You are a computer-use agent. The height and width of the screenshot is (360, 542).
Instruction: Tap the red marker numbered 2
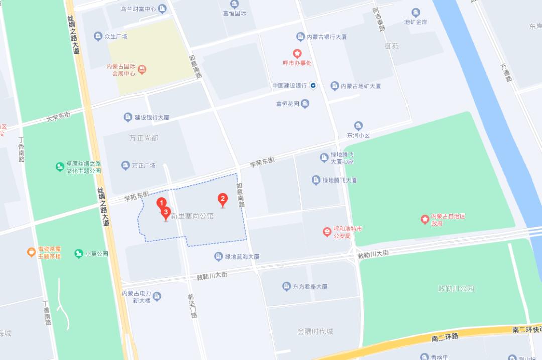tap(222, 199)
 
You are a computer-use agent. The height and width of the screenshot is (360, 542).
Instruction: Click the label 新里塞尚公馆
tap(192, 216)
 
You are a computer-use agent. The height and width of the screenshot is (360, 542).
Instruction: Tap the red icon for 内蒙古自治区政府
tap(425, 219)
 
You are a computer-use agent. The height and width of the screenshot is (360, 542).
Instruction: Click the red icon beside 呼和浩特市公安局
tap(327, 232)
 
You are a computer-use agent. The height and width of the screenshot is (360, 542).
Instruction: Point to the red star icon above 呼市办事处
tap(297, 53)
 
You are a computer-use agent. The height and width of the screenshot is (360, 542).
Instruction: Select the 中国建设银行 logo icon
tap(313, 86)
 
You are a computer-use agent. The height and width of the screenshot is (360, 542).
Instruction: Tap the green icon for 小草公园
tap(78, 254)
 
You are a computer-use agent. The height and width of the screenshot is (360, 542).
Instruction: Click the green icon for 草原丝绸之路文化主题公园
tap(60, 167)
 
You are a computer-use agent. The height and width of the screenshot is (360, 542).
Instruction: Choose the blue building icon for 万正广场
tap(125, 165)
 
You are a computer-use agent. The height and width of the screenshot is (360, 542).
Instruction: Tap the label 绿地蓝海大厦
tap(242, 257)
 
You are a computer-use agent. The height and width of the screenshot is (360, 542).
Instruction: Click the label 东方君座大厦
tap(310, 287)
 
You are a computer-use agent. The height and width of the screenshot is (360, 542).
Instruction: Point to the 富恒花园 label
tap(287, 104)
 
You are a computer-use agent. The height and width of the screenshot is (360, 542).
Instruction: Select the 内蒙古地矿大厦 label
tap(361, 86)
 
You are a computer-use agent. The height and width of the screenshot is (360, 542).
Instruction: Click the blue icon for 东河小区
tap(358, 126)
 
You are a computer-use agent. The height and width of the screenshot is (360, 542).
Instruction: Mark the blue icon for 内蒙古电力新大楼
tap(157, 297)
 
